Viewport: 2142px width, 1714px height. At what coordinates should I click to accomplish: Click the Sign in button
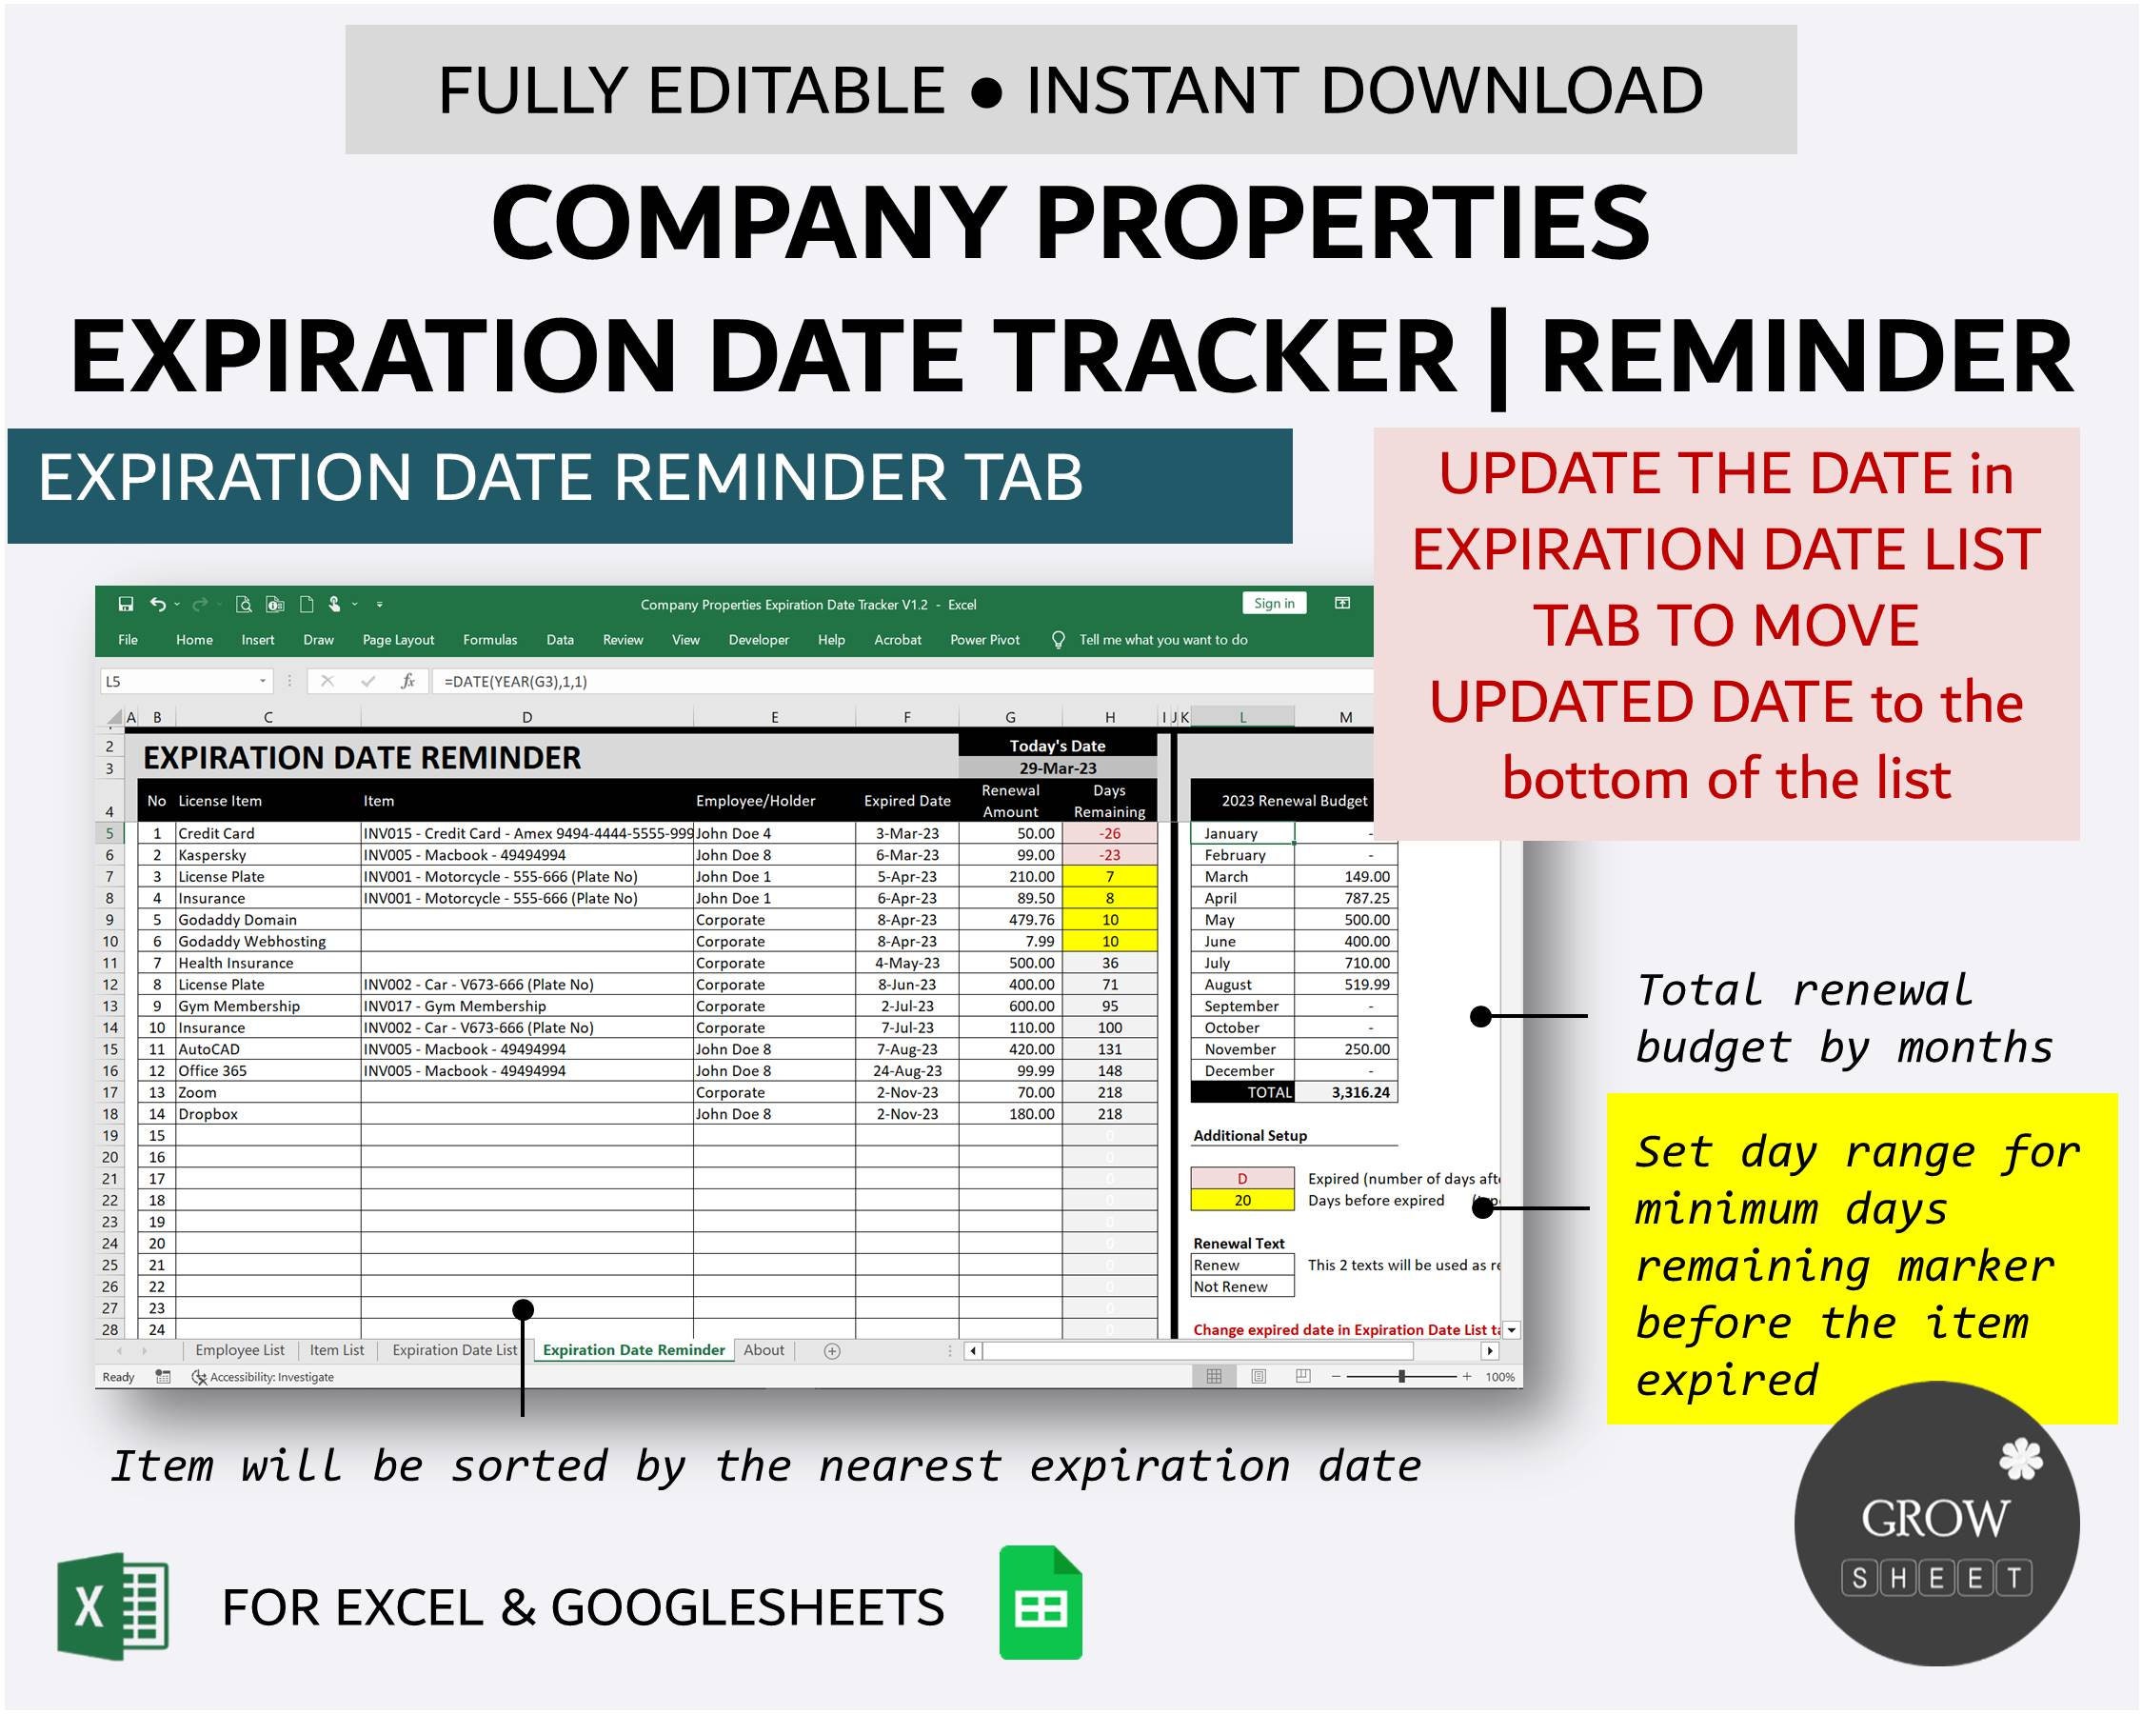click(x=1274, y=603)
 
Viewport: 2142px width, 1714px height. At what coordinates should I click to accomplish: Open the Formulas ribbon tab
click(x=489, y=640)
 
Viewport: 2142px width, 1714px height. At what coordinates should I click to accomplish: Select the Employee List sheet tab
click(x=240, y=1350)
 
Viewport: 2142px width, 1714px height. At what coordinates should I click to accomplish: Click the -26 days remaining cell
click(x=1110, y=833)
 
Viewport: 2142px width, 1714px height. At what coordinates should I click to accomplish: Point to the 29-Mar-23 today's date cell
click(x=1057, y=768)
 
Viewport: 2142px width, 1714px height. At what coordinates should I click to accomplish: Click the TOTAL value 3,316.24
click(x=1360, y=1093)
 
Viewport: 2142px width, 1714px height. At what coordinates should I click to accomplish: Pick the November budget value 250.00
click(x=1367, y=1049)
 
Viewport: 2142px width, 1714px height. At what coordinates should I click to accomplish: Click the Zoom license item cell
click(x=198, y=1093)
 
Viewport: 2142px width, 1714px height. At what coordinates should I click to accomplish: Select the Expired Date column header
click(x=906, y=801)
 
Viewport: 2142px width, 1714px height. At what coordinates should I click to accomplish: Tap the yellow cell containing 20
click(x=1241, y=1201)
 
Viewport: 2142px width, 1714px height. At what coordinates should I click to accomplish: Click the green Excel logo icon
click(x=113, y=1606)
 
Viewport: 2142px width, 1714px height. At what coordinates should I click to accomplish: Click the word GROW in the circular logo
click(x=1934, y=1517)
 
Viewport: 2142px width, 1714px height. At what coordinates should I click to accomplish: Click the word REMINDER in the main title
click(x=1806, y=356)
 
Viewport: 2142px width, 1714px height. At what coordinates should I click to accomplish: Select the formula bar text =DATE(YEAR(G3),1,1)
click(x=516, y=682)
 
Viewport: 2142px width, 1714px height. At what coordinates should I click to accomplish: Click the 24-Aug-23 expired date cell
click(x=906, y=1071)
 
